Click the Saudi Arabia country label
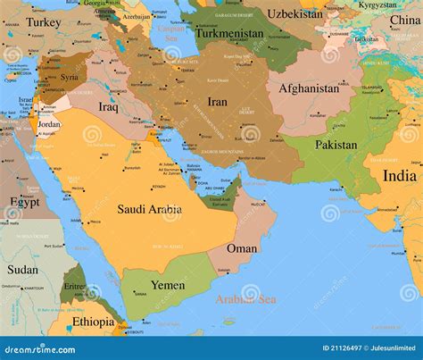click(x=150, y=209)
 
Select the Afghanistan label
click(x=309, y=88)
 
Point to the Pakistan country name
click(x=336, y=145)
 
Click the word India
click(x=399, y=176)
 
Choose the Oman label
click(x=242, y=248)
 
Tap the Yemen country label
click(x=168, y=285)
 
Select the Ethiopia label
click(x=94, y=322)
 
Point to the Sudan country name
click(x=23, y=269)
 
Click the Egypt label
click(x=24, y=202)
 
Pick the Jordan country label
click(x=49, y=125)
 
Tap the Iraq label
click(x=108, y=106)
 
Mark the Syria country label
click(x=69, y=77)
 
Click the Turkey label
click(x=44, y=22)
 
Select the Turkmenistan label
click(x=230, y=33)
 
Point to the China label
click(x=404, y=21)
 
